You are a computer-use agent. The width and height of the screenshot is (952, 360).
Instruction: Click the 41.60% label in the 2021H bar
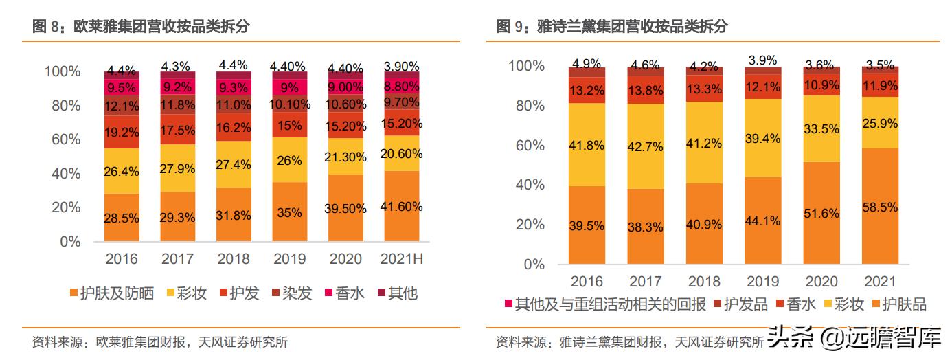400,207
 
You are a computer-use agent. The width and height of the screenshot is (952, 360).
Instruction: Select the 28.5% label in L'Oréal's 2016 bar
122,218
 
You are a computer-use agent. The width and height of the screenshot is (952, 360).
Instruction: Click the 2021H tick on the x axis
400,259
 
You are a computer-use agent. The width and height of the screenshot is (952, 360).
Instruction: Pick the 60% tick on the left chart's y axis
63,139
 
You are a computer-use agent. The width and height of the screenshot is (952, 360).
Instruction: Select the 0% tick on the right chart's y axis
534,264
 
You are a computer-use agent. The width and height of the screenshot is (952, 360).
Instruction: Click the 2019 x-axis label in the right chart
762,282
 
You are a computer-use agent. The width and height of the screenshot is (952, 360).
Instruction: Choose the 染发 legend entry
291,293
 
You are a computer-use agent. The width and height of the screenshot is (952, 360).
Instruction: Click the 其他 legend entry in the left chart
396,293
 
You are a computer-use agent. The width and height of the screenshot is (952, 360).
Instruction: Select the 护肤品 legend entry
898,304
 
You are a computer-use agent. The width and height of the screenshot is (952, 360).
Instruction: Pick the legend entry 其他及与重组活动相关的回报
604,304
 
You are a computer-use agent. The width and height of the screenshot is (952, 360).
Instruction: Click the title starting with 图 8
141,27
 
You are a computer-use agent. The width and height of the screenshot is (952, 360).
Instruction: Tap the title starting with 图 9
611,27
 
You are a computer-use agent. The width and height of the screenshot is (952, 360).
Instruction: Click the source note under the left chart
159,342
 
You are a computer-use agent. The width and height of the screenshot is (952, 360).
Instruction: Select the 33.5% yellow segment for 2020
821,128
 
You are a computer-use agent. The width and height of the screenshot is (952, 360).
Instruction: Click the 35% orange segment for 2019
290,212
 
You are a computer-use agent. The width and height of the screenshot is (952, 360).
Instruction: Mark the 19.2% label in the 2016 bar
122,131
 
